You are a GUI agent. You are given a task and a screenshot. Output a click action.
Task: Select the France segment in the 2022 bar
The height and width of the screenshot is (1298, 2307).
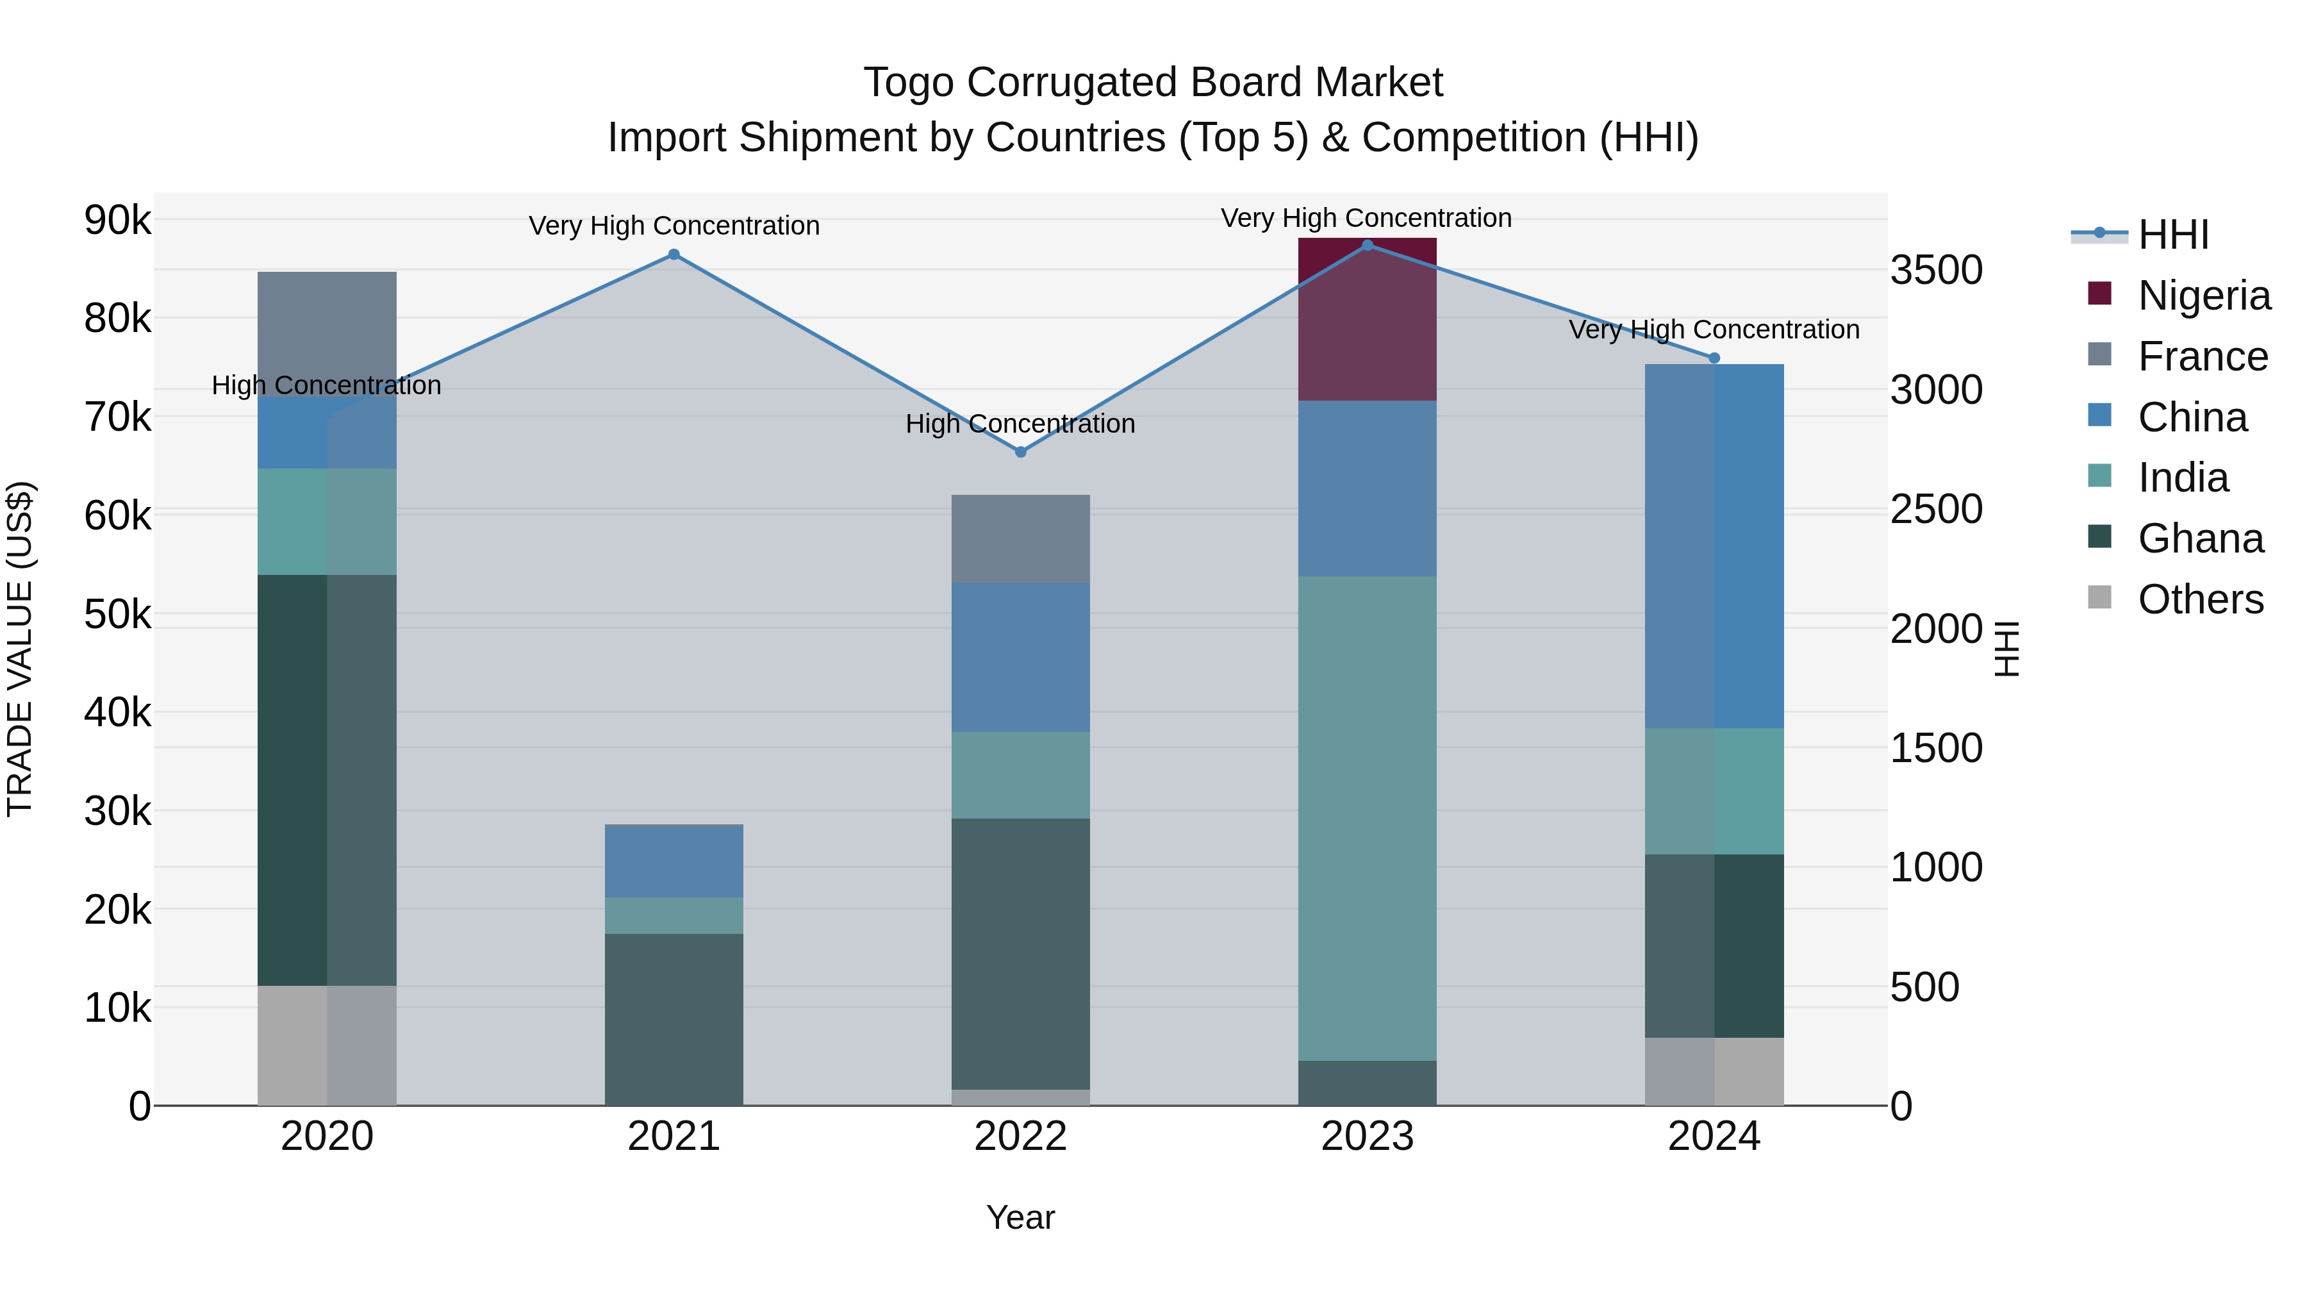(x=1020, y=538)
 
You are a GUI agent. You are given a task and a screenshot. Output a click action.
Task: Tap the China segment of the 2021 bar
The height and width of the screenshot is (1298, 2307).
(x=674, y=860)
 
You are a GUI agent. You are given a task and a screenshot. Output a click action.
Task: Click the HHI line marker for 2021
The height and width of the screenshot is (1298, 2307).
(x=674, y=254)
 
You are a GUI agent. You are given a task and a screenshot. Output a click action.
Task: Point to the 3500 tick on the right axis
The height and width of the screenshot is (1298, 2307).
(x=1936, y=270)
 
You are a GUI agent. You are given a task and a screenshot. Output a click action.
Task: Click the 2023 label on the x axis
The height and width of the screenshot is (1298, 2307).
(x=1367, y=1136)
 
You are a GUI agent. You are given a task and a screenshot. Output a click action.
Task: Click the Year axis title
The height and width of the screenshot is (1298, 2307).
(x=1020, y=1217)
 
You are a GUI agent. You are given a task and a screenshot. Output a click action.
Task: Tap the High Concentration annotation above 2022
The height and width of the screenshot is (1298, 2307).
(x=1020, y=424)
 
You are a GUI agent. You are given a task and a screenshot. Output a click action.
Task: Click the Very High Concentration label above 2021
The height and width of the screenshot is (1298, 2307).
(x=674, y=226)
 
